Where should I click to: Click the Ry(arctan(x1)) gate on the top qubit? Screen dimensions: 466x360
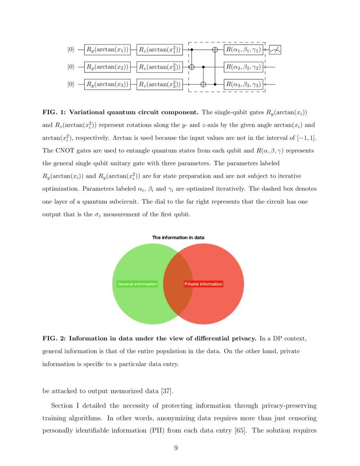point(107,50)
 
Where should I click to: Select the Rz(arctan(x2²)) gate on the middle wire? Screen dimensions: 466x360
point(159,67)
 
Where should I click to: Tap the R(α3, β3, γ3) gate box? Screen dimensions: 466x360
point(243,84)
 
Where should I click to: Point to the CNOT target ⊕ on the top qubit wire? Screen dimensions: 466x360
point(215,50)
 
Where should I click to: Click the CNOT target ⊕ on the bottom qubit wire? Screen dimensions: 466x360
point(203,84)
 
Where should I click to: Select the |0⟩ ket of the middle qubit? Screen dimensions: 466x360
point(71,67)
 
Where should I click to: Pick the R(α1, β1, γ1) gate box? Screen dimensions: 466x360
point(243,50)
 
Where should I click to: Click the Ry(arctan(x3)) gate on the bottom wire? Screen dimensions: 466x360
point(107,84)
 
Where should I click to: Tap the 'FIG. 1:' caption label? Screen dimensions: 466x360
point(54,113)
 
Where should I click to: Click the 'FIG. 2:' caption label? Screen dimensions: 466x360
point(54,338)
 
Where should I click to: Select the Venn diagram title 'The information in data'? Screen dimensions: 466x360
point(178,238)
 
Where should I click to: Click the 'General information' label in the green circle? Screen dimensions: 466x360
point(137,284)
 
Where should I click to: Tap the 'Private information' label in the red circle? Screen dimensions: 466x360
point(203,284)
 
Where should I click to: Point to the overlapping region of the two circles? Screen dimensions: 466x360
point(178,284)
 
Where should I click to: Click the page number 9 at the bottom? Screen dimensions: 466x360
point(176,449)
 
